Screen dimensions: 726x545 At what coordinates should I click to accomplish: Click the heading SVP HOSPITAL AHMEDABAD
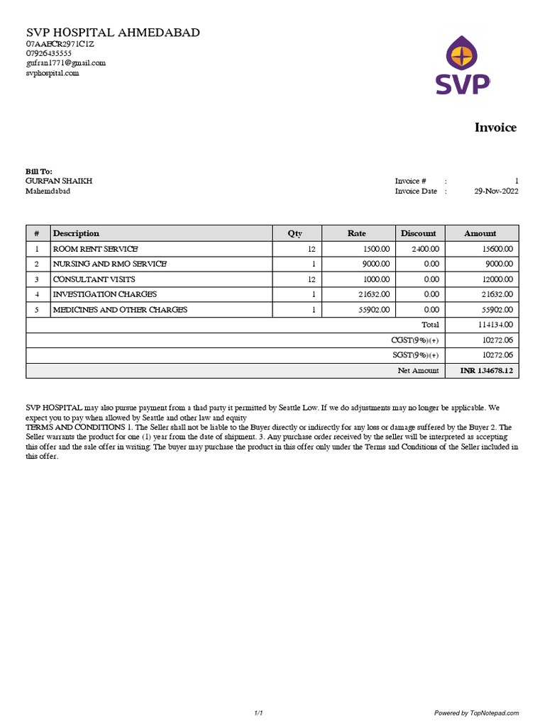tap(113, 33)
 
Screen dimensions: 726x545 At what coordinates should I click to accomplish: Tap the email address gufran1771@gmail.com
tap(66, 63)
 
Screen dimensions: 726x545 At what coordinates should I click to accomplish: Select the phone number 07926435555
tap(49, 53)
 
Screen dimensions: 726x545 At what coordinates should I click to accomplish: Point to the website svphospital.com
tap(53, 73)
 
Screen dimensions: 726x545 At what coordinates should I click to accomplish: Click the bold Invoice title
tap(495, 128)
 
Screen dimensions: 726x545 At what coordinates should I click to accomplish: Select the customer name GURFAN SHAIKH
tap(59, 181)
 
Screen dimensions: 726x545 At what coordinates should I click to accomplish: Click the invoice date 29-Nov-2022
tap(496, 191)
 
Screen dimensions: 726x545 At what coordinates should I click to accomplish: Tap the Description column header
tap(76, 233)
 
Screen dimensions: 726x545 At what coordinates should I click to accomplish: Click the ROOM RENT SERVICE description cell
tap(95, 249)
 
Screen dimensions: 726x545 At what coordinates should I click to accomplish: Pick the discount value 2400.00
tap(425, 249)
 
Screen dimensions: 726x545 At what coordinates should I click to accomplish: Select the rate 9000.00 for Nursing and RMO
tap(375, 264)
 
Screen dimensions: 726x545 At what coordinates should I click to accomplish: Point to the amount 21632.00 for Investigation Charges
tap(497, 294)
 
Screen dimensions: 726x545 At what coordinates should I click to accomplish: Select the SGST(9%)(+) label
tap(415, 355)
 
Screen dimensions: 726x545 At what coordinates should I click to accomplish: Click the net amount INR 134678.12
tap(486, 370)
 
